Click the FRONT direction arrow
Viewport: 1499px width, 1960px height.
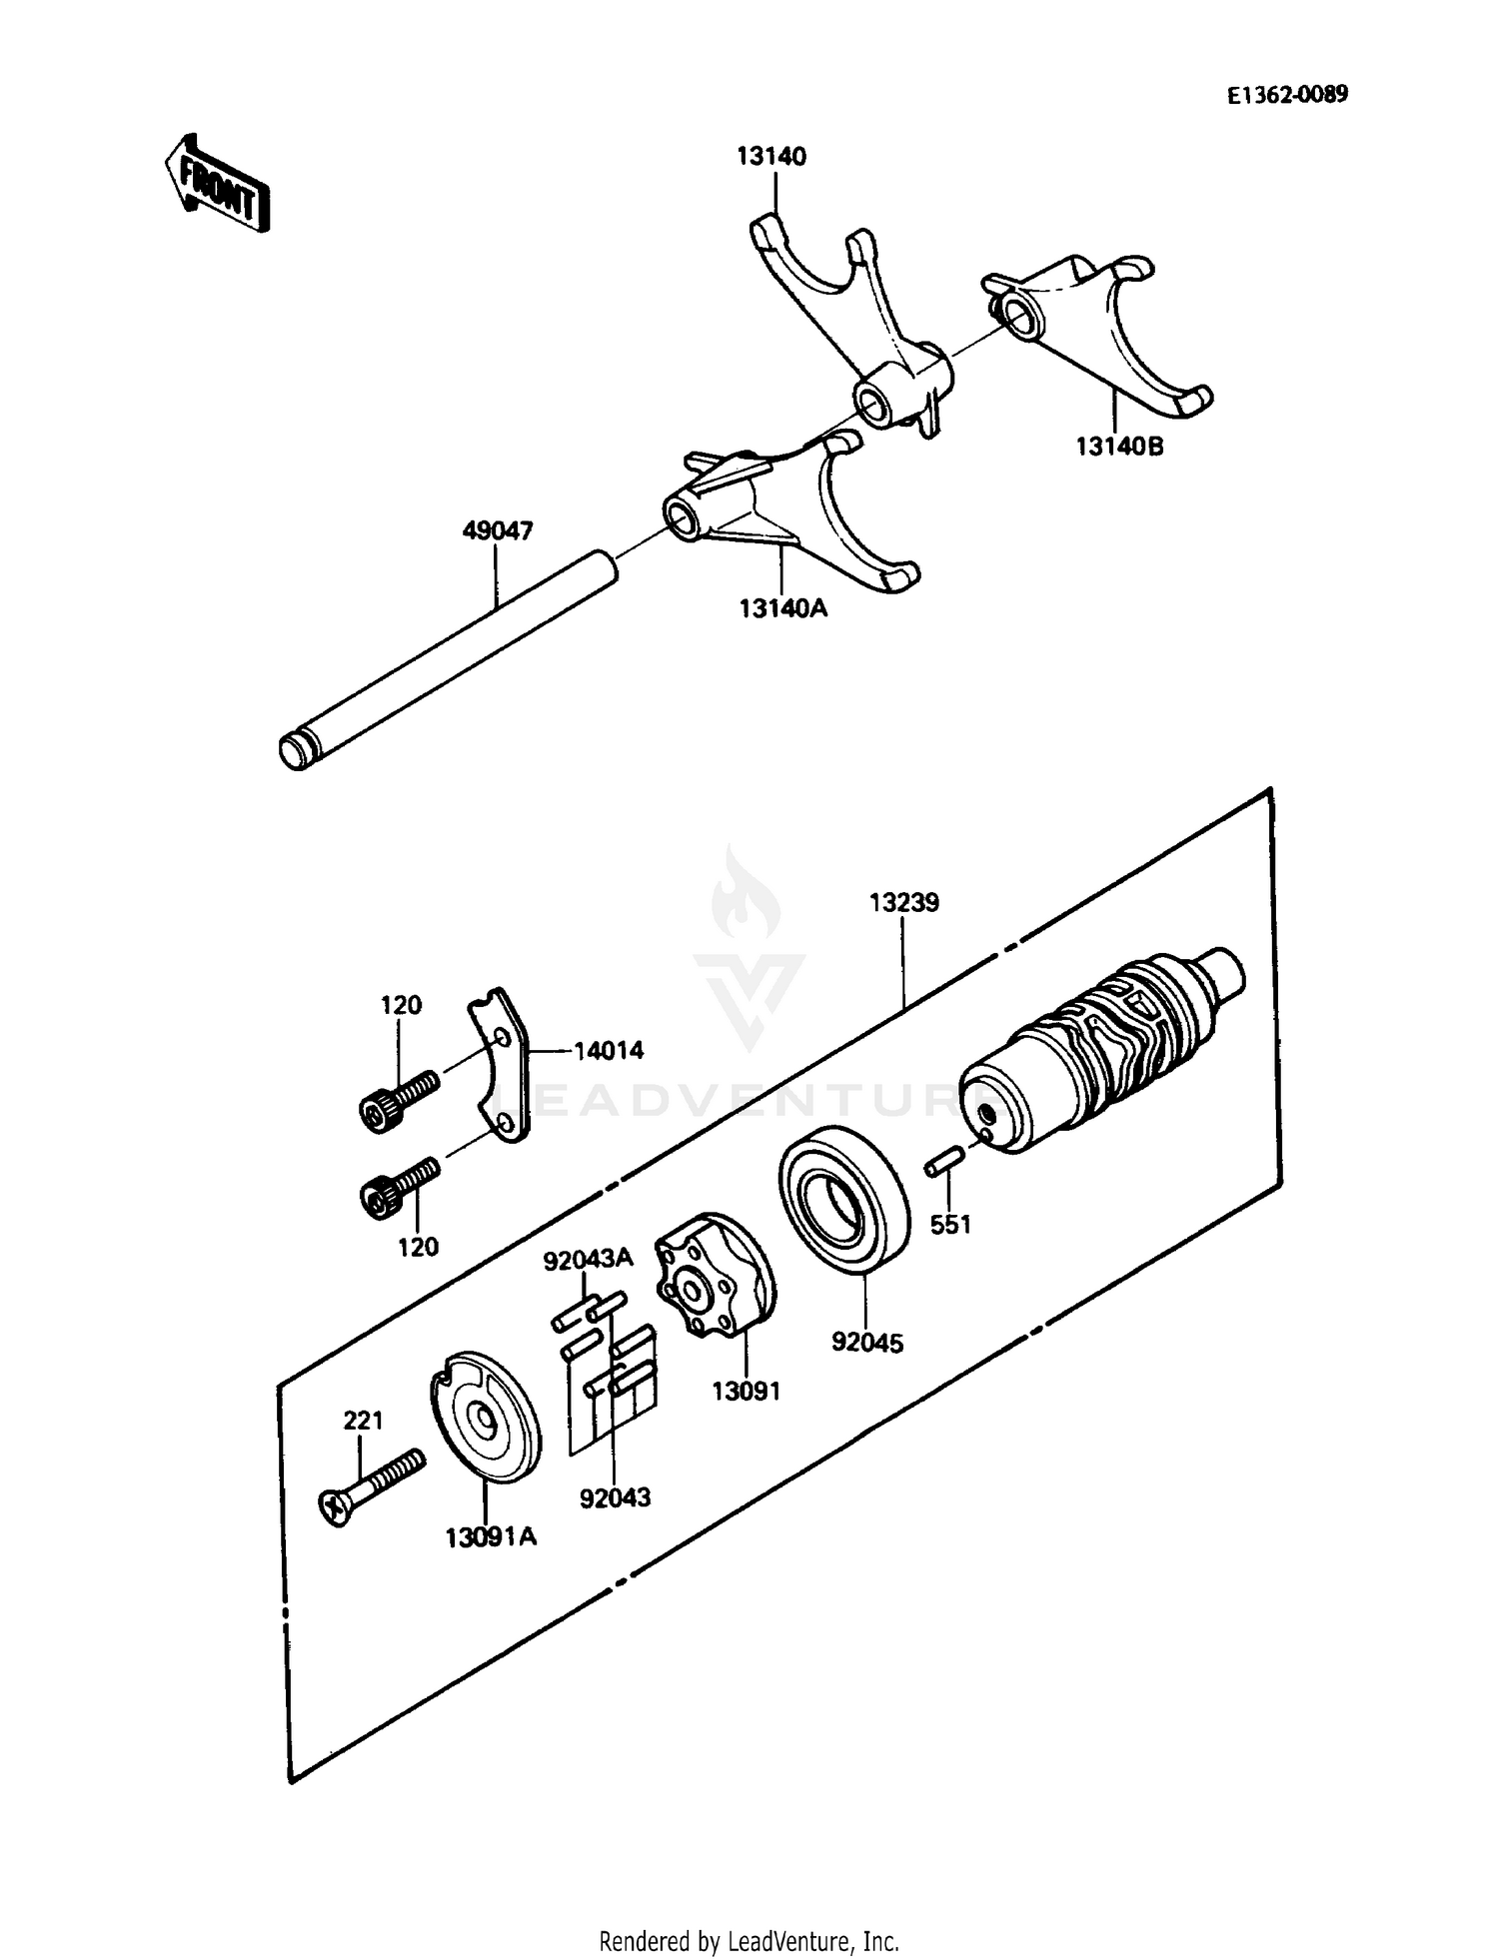[216, 184]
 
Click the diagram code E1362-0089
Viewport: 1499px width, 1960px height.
[1287, 95]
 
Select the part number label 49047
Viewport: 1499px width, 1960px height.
[497, 530]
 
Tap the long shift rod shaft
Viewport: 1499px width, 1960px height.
[450, 659]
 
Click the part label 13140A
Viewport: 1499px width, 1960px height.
[783, 607]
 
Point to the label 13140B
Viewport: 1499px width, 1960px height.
[1119, 447]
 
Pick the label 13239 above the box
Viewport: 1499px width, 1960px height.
[903, 903]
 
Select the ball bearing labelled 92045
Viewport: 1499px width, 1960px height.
[842, 1198]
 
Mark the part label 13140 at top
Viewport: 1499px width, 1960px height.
[771, 157]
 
